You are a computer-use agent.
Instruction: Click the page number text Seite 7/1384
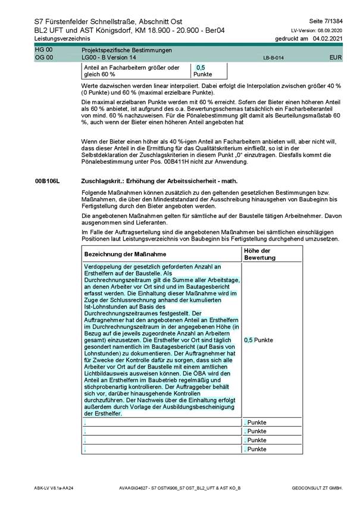pos(326,21)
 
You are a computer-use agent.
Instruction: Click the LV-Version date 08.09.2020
pos(331,30)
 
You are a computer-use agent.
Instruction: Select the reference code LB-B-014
pos(273,58)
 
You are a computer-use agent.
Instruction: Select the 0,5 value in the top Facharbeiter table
pos(201,68)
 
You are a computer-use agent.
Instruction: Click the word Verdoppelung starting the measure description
pos(105,267)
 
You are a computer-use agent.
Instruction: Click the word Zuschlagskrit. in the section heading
pos(101,179)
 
